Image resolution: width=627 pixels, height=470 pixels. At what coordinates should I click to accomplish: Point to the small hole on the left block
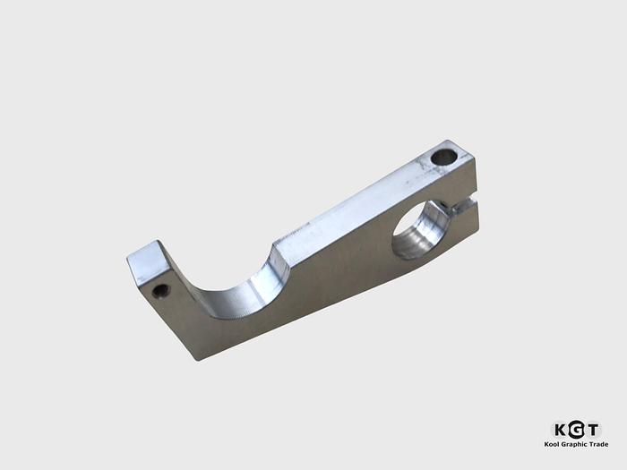click(x=161, y=290)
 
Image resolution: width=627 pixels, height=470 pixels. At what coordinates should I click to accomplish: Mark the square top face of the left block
click(x=152, y=261)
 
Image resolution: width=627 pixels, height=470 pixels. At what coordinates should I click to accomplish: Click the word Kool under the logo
click(x=554, y=444)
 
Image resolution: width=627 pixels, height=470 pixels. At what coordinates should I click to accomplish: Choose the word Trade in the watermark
click(x=597, y=444)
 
